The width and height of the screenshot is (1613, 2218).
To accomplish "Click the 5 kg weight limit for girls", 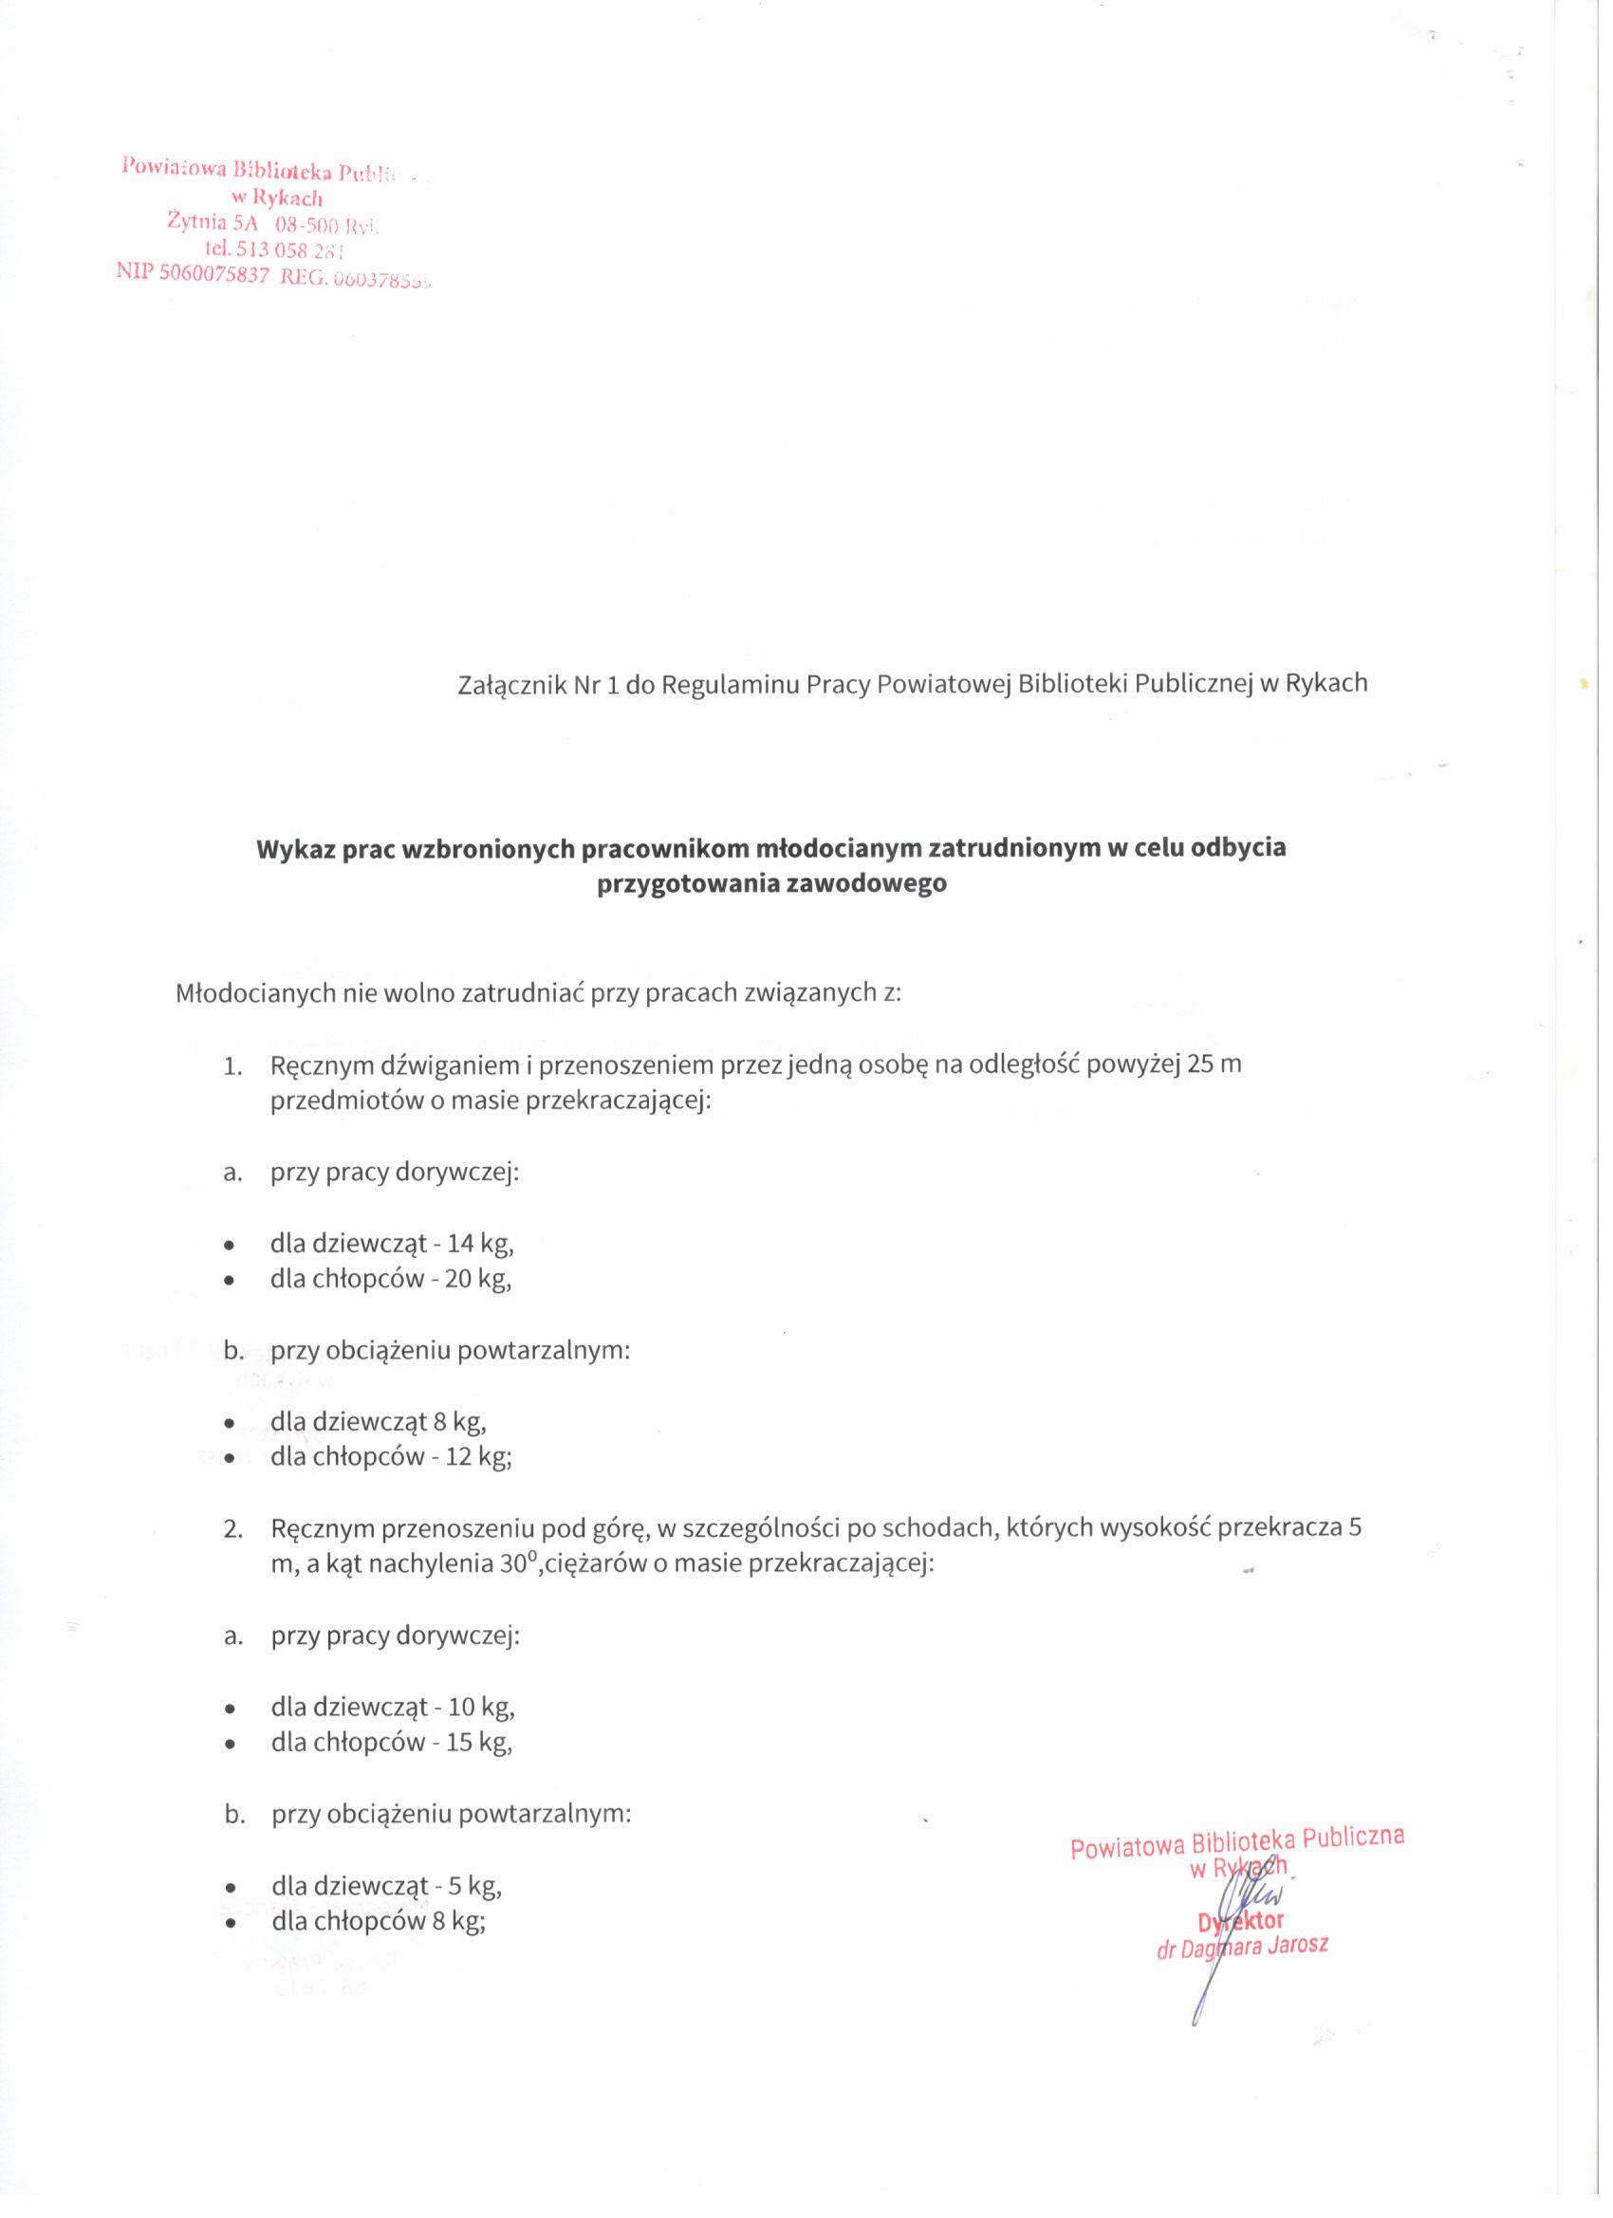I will (473, 1884).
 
